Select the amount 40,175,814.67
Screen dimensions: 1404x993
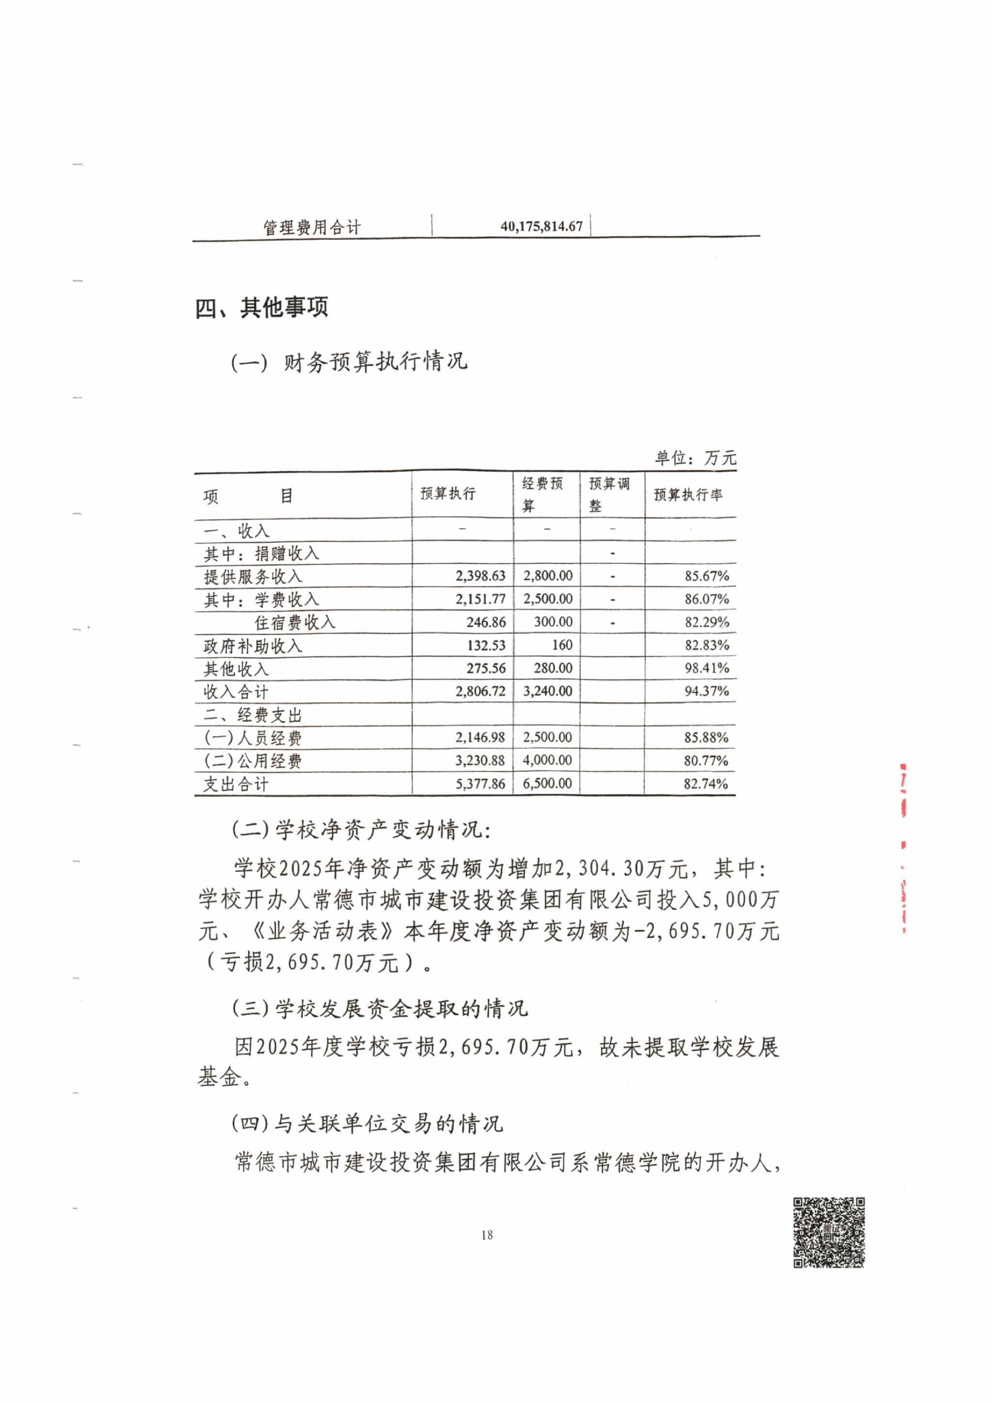(x=541, y=226)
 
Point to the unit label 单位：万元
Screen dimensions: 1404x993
(x=695, y=458)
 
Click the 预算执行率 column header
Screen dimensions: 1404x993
(x=688, y=495)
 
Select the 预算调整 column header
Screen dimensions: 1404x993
(x=609, y=494)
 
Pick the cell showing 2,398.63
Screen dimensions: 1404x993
(x=480, y=576)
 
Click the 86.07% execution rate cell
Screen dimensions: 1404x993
(x=706, y=599)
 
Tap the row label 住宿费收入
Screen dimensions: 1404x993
(x=295, y=622)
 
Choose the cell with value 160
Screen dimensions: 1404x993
(x=561, y=645)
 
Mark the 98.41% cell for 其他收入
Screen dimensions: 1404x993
(x=706, y=669)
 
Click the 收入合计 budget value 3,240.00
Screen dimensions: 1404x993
(x=548, y=692)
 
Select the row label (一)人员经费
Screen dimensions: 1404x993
(x=253, y=738)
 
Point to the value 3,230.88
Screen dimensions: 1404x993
(x=480, y=761)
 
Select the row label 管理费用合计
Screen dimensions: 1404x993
(x=312, y=227)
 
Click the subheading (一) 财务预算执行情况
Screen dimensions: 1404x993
(x=349, y=362)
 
